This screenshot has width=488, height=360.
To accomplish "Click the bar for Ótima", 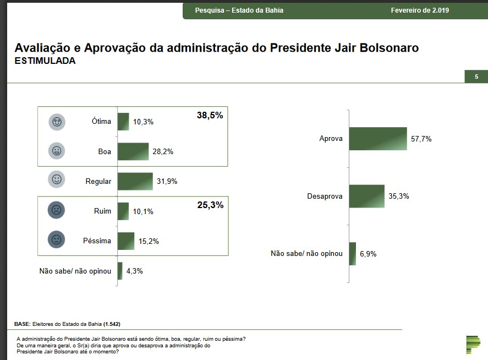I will click(x=123, y=122).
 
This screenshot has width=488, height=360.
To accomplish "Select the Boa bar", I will click(x=133, y=151).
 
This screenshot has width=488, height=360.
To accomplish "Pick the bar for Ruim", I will click(x=123, y=211).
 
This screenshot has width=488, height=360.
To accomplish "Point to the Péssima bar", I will click(x=126, y=241).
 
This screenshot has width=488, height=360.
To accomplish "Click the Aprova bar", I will click(x=377, y=139).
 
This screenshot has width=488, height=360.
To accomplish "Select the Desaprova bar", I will click(x=366, y=196).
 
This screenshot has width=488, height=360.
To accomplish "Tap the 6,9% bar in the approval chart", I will click(x=353, y=254).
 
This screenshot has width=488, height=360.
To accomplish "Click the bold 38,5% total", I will click(x=210, y=116).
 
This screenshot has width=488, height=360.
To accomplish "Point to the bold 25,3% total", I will click(x=210, y=205).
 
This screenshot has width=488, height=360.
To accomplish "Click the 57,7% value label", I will click(x=421, y=139).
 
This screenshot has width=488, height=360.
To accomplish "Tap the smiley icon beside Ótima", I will click(x=57, y=121).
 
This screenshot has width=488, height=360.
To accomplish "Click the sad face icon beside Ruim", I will click(x=57, y=210).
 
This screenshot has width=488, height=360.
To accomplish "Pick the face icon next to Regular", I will click(x=57, y=180).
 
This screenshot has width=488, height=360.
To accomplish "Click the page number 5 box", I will click(x=476, y=77).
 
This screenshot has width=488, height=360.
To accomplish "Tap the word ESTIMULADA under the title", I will click(x=45, y=61).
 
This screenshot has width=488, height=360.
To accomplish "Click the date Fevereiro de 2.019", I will click(x=420, y=10).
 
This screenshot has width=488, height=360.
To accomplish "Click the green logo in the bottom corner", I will click(x=473, y=342).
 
